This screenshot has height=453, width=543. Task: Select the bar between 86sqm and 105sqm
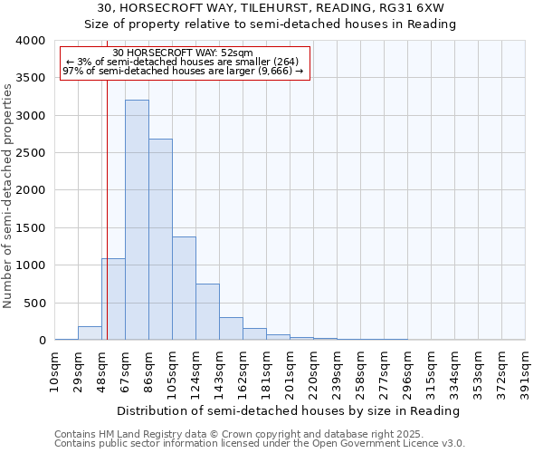[160, 239]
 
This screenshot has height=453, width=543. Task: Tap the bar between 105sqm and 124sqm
[184, 288]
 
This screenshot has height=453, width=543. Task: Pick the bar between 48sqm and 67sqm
[113, 299]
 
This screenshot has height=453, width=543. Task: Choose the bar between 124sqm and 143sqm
[207, 312]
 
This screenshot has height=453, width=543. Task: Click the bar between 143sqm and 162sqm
[231, 328]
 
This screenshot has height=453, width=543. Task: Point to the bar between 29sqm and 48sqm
[90, 333]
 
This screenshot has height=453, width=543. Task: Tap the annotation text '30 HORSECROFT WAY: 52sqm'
[184, 53]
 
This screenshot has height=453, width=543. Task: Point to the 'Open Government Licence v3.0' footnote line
[260, 444]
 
